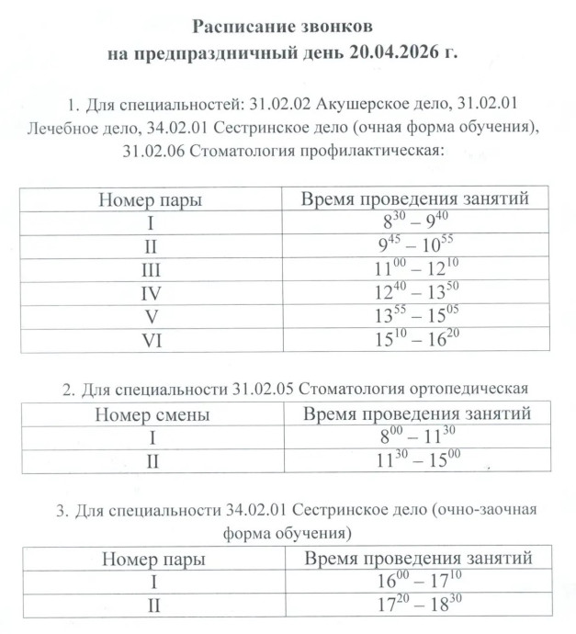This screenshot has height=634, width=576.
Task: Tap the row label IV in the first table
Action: click(152, 294)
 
